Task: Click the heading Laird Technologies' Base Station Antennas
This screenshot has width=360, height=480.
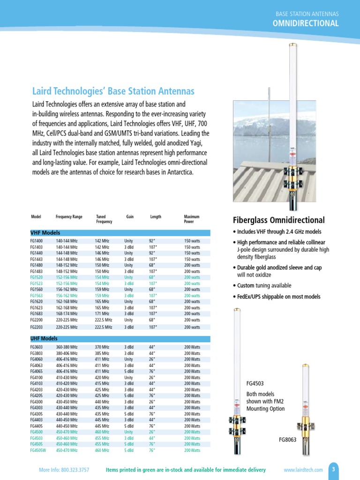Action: pyautogui.click(x=113, y=91)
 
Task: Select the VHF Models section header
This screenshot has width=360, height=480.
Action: pyautogui.click(x=45, y=233)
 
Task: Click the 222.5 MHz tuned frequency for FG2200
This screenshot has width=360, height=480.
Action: pyautogui.click(x=104, y=320)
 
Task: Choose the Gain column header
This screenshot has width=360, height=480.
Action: pyautogui.click(x=130, y=217)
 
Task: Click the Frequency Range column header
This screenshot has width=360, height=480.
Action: pyautogui.click(x=69, y=217)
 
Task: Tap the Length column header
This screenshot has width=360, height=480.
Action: pyautogui.click(x=156, y=217)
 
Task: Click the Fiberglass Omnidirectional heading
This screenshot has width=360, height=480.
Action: pyautogui.click(x=279, y=220)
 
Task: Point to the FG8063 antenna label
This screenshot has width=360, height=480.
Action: pyautogui.click(x=288, y=440)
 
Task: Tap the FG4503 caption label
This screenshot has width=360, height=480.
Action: pyautogui.click(x=256, y=383)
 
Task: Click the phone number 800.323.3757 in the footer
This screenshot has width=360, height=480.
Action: pyautogui.click(x=74, y=470)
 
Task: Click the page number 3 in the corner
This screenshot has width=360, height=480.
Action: pyautogui.click(x=334, y=469)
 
